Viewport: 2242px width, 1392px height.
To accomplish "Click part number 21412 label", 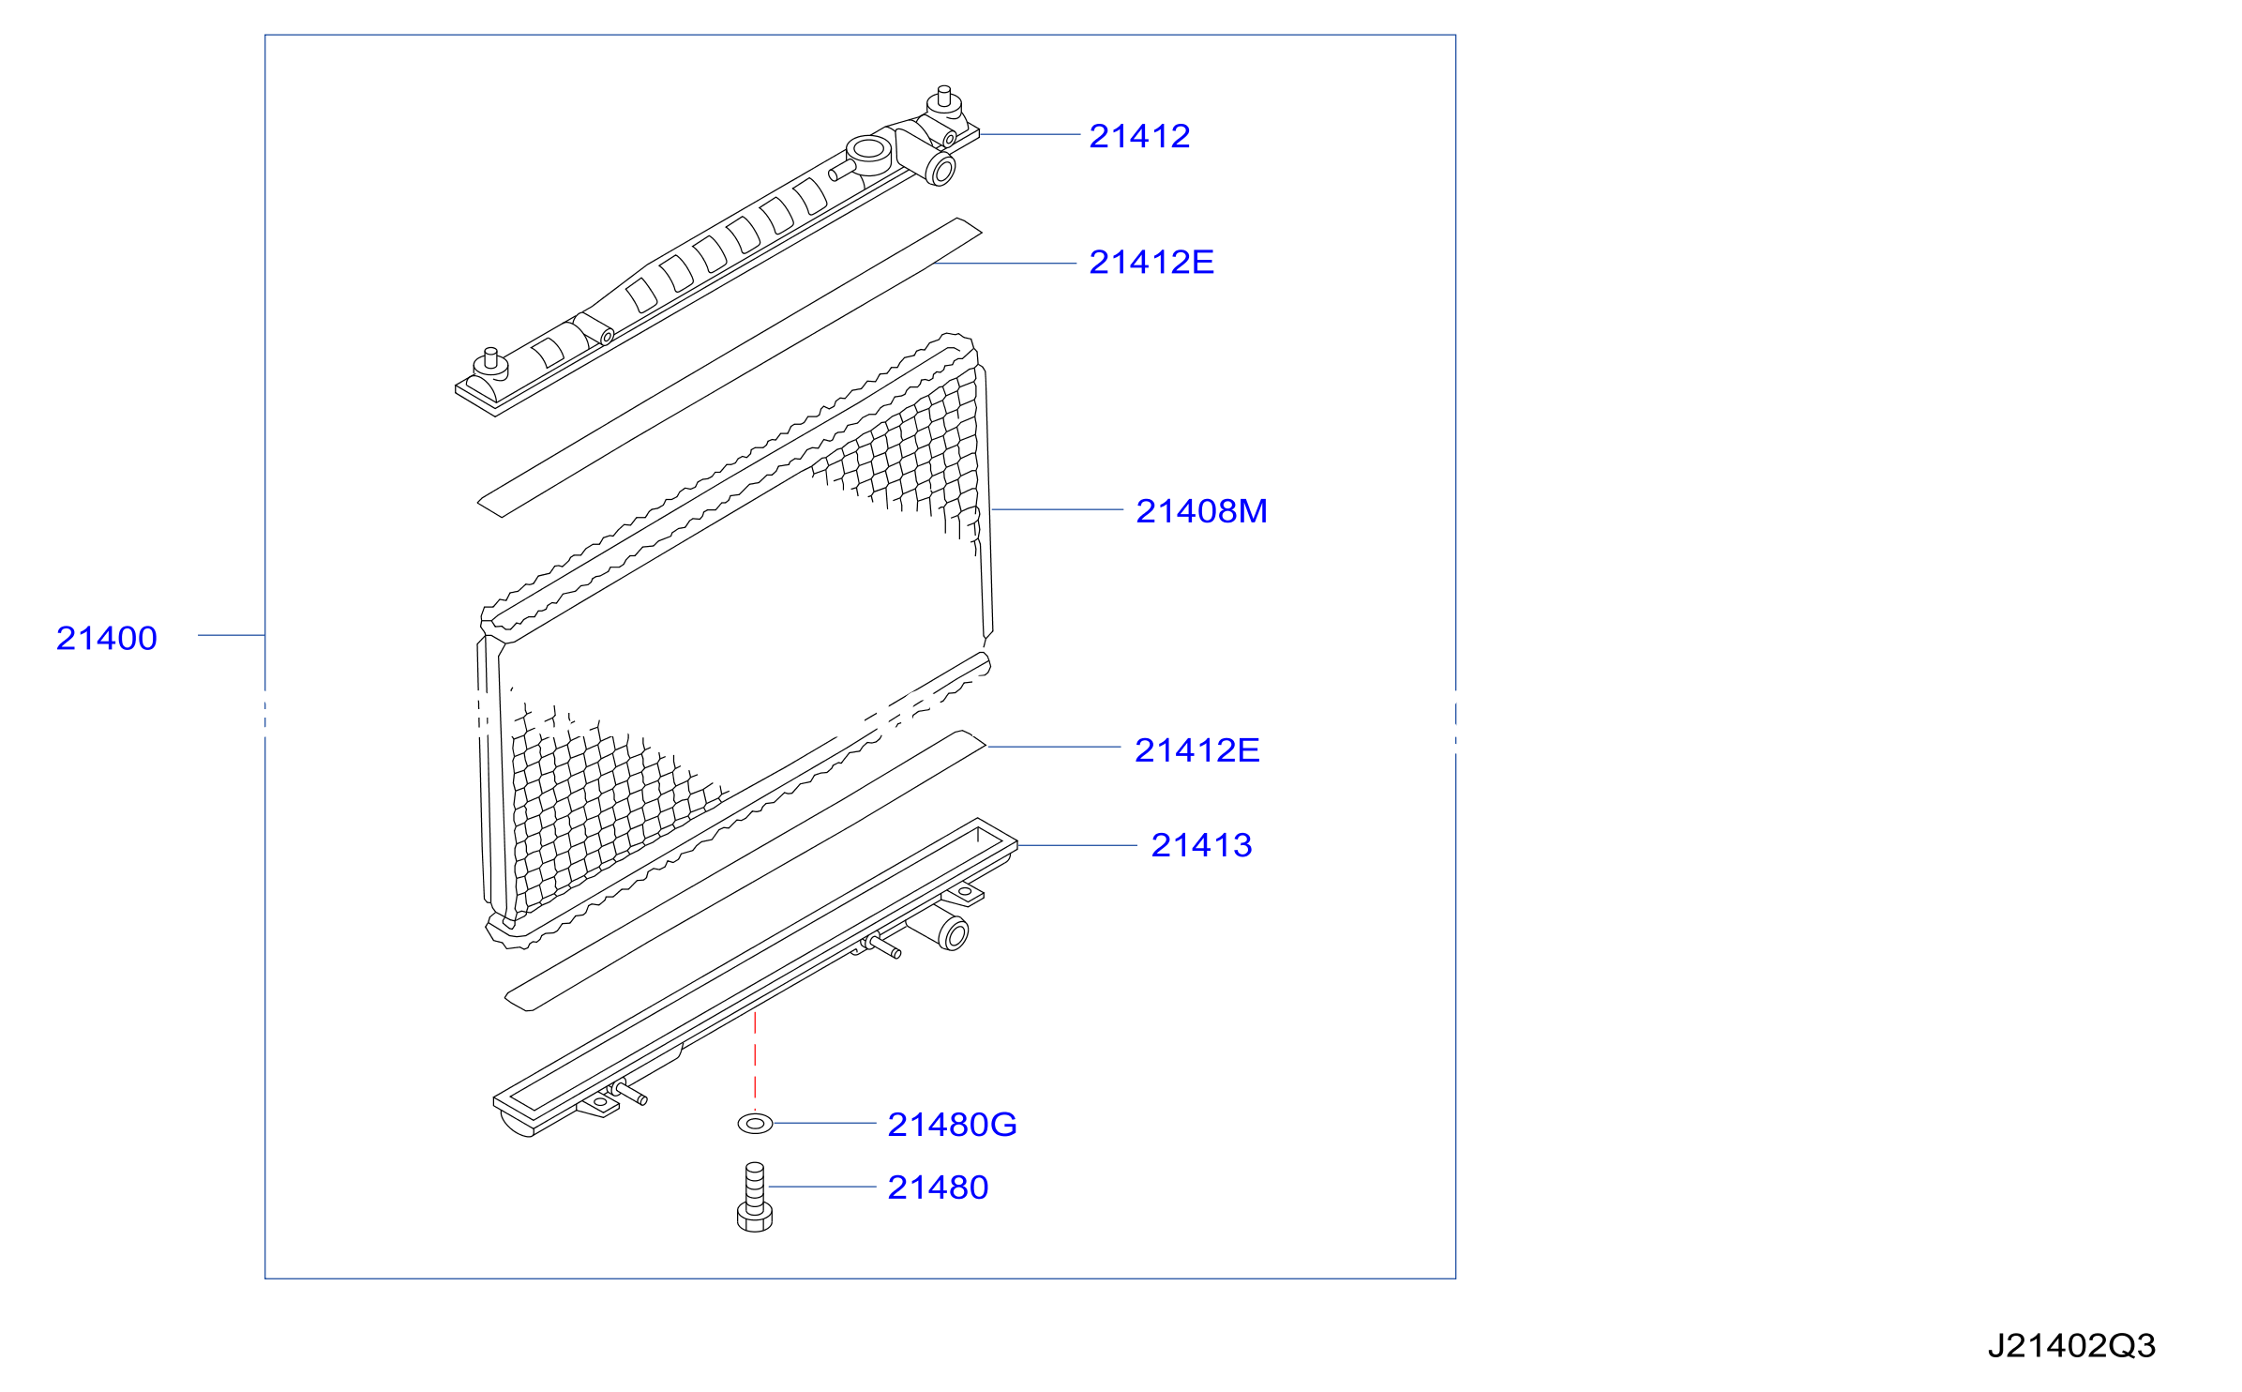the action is click(1139, 137).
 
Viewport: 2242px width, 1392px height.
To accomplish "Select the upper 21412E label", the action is click(1151, 263).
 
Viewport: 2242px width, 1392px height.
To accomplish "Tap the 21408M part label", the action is click(1201, 511).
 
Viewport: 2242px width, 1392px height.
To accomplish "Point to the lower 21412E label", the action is click(1196, 750).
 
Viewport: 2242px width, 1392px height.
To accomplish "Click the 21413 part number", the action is click(1201, 845).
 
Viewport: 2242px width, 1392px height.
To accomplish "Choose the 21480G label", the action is click(952, 1125).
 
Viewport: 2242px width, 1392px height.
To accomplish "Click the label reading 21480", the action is click(938, 1188).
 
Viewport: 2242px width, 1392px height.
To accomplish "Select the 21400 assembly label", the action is click(106, 639).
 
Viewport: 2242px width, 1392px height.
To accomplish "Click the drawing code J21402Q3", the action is click(2071, 1346).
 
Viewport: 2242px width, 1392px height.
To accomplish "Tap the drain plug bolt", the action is click(755, 1197).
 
